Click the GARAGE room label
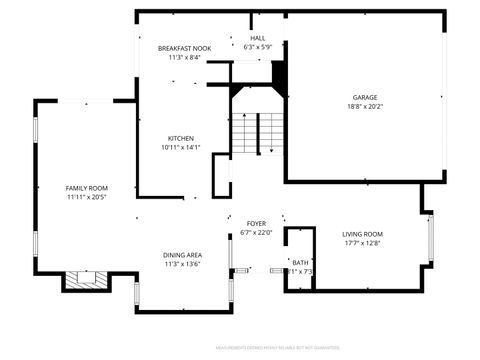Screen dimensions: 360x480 (x=364, y=97)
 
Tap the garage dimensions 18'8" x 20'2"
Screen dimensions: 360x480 (x=364, y=106)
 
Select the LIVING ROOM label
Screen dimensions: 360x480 (x=363, y=233)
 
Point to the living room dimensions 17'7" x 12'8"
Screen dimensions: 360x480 (x=363, y=242)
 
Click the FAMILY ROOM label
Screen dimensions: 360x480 (x=87, y=188)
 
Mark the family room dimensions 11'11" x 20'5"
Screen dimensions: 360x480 (x=87, y=197)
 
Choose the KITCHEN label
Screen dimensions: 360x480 (x=181, y=138)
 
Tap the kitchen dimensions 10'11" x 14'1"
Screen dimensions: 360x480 (x=181, y=147)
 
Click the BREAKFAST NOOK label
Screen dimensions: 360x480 (x=183, y=48)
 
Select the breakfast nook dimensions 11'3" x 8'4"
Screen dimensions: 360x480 (x=183, y=57)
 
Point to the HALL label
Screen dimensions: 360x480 (x=258, y=38)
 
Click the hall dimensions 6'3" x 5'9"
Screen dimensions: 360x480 (x=258, y=47)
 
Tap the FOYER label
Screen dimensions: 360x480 (x=256, y=223)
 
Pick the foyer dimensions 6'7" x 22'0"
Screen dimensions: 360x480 (x=256, y=232)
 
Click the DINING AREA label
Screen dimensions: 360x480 (x=183, y=255)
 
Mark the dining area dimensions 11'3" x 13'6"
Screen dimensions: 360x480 (x=183, y=264)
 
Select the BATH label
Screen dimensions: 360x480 (x=300, y=262)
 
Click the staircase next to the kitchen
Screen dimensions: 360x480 (x=258, y=133)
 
